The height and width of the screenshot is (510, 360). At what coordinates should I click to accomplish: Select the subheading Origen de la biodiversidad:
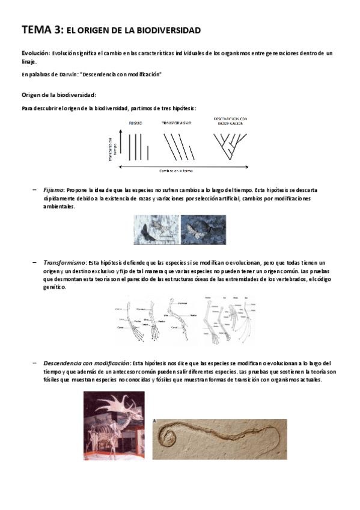pos(58,95)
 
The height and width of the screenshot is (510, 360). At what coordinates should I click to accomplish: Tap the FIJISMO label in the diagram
pos(135,123)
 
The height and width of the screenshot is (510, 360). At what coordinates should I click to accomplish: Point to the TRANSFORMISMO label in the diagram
pos(175,123)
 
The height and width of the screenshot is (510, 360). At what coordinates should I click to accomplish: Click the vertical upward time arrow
pos(121,144)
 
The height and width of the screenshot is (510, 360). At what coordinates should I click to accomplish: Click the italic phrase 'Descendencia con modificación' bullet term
pos(86,363)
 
